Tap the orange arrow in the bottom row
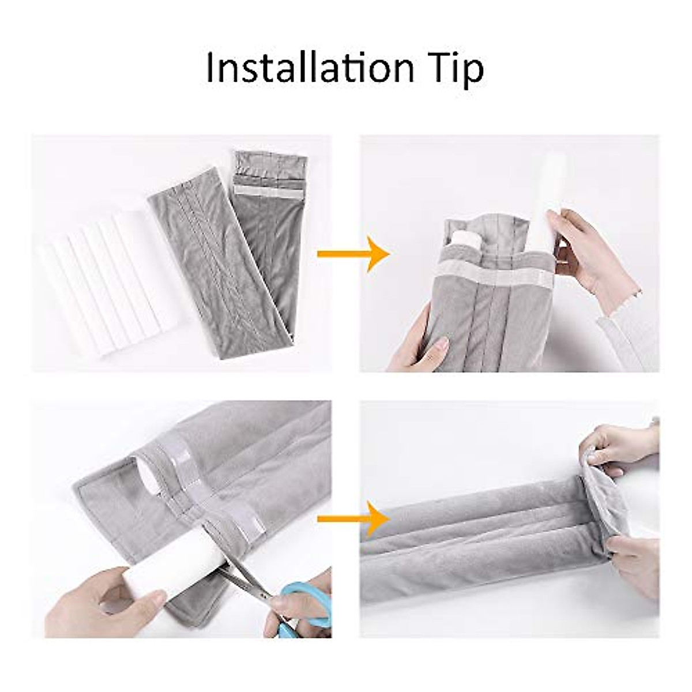tap(353, 517)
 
